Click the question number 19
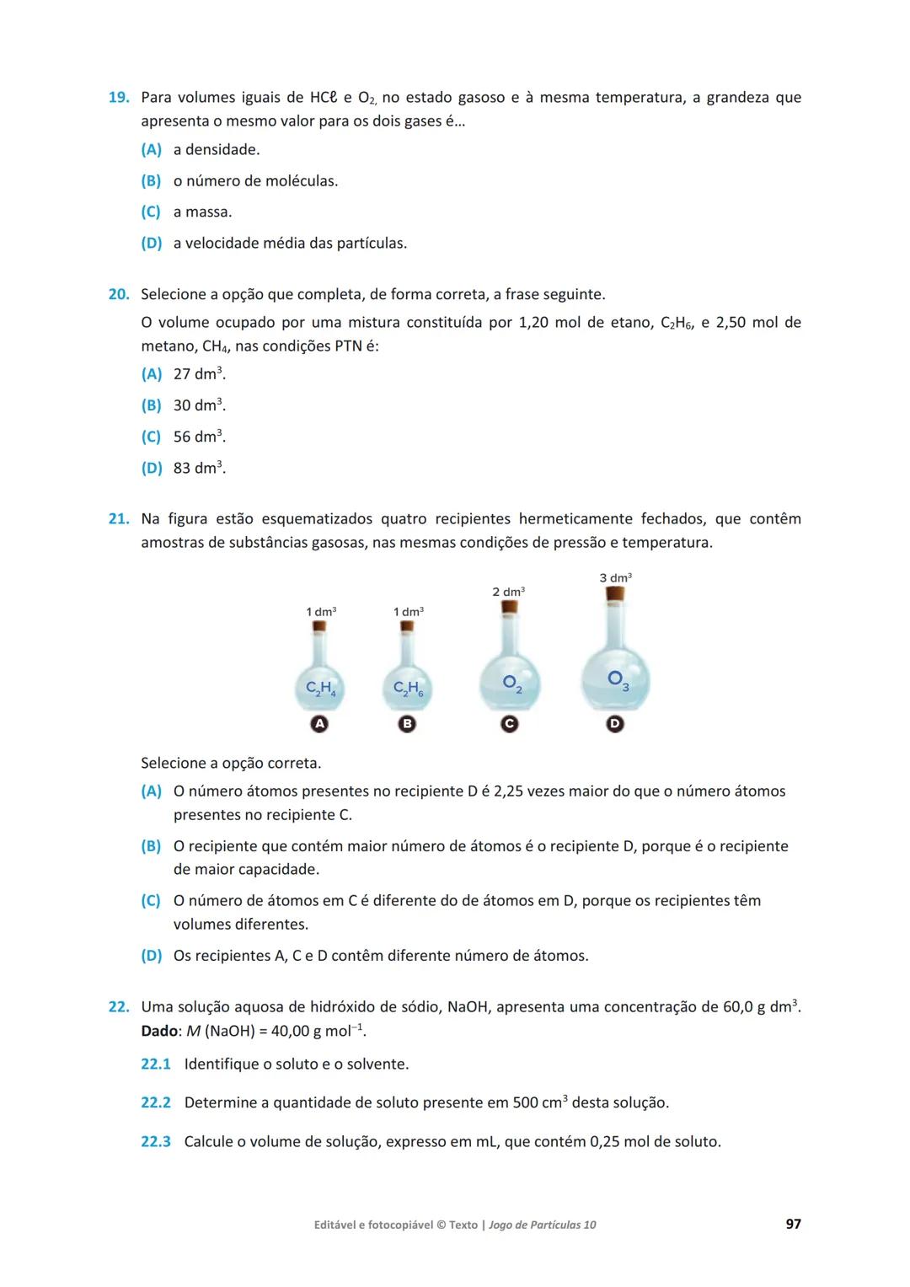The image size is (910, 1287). click(x=118, y=98)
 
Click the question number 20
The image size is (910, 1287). click(x=118, y=294)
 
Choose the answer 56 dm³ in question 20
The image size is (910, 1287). click(x=199, y=437)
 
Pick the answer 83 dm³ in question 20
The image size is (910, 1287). click(x=199, y=468)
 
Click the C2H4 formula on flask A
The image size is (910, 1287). click(x=320, y=689)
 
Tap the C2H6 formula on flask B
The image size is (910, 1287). click(x=408, y=689)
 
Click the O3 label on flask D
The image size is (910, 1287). click(x=618, y=679)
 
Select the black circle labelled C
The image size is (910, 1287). click(x=509, y=724)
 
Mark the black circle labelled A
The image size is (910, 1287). click(x=319, y=724)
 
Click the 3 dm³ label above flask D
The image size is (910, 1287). click(x=615, y=578)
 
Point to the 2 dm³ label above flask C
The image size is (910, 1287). click(x=508, y=592)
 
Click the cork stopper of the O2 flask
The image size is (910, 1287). click(x=508, y=607)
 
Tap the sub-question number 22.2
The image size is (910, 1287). click(x=155, y=1102)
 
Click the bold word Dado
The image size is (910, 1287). click(x=159, y=1031)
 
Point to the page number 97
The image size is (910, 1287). click(x=793, y=1224)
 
